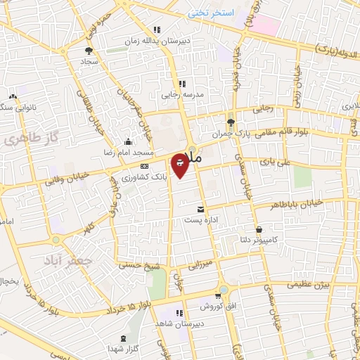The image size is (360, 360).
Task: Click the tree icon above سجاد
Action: tap(89, 51)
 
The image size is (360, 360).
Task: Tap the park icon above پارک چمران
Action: tap(231, 121)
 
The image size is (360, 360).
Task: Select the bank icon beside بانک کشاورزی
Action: tap(145, 166)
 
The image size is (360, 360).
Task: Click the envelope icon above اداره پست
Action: tap(200, 210)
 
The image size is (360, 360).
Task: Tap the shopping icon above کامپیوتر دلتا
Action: tap(260, 229)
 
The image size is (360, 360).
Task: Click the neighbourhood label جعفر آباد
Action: tap(62, 259)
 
